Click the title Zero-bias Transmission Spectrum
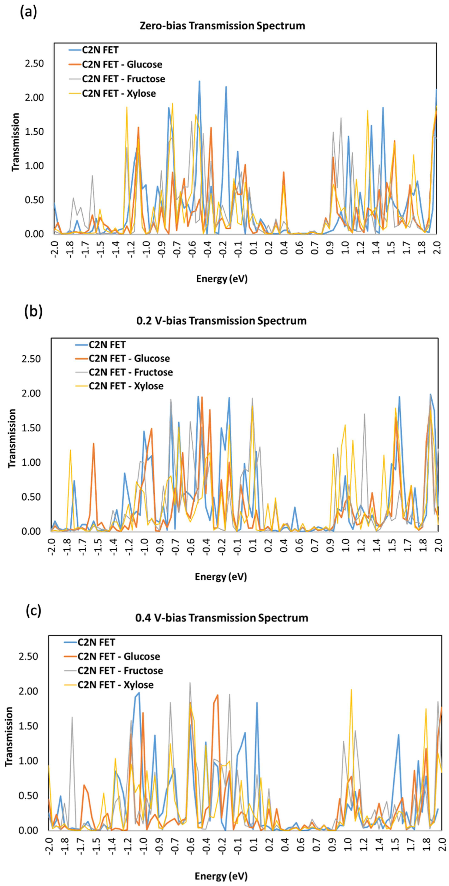point(222,26)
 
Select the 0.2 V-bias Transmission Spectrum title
point(221,321)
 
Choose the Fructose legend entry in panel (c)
point(120,671)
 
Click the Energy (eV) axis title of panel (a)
point(222,279)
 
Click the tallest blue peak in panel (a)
point(199,82)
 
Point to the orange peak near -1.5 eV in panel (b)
point(93,444)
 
